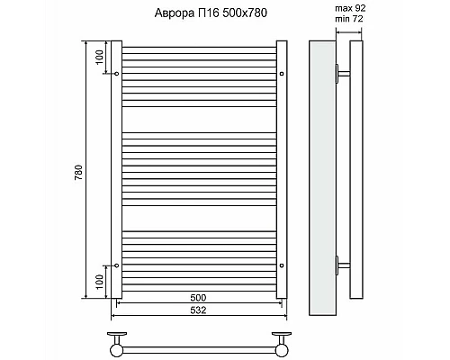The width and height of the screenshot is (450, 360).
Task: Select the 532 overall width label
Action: (x=198, y=311)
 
